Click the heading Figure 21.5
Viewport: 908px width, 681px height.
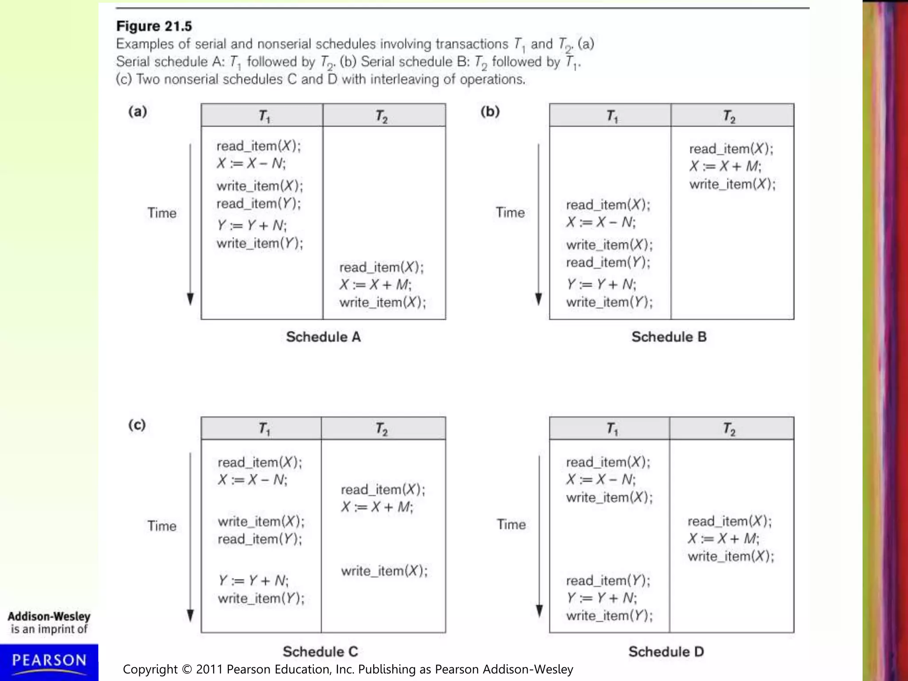[x=154, y=26]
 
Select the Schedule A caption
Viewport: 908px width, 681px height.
[x=323, y=337]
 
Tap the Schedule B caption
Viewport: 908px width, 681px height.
[x=669, y=337]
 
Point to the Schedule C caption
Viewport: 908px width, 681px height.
[x=320, y=651]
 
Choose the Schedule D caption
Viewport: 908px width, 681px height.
[x=666, y=651]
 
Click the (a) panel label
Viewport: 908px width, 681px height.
[x=137, y=111]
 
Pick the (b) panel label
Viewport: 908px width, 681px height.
[x=490, y=111]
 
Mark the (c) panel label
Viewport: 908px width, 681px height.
[x=137, y=425]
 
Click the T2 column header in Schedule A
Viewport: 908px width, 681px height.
[x=382, y=116]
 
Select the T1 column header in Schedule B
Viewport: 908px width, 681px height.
[x=612, y=116]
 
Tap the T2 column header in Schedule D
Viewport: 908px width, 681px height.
[x=729, y=429]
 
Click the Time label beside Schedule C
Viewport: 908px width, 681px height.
[x=162, y=526]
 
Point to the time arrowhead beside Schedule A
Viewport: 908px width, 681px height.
[x=190, y=299]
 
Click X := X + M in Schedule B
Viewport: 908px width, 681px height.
[x=725, y=166]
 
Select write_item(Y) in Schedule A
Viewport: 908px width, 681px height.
[x=260, y=243]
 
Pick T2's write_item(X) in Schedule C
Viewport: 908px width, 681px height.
[x=384, y=571]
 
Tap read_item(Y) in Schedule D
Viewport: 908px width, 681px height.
[x=608, y=580]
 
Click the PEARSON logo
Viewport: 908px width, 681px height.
[x=49, y=661]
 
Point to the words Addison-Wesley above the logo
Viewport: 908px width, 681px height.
[x=49, y=616]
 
